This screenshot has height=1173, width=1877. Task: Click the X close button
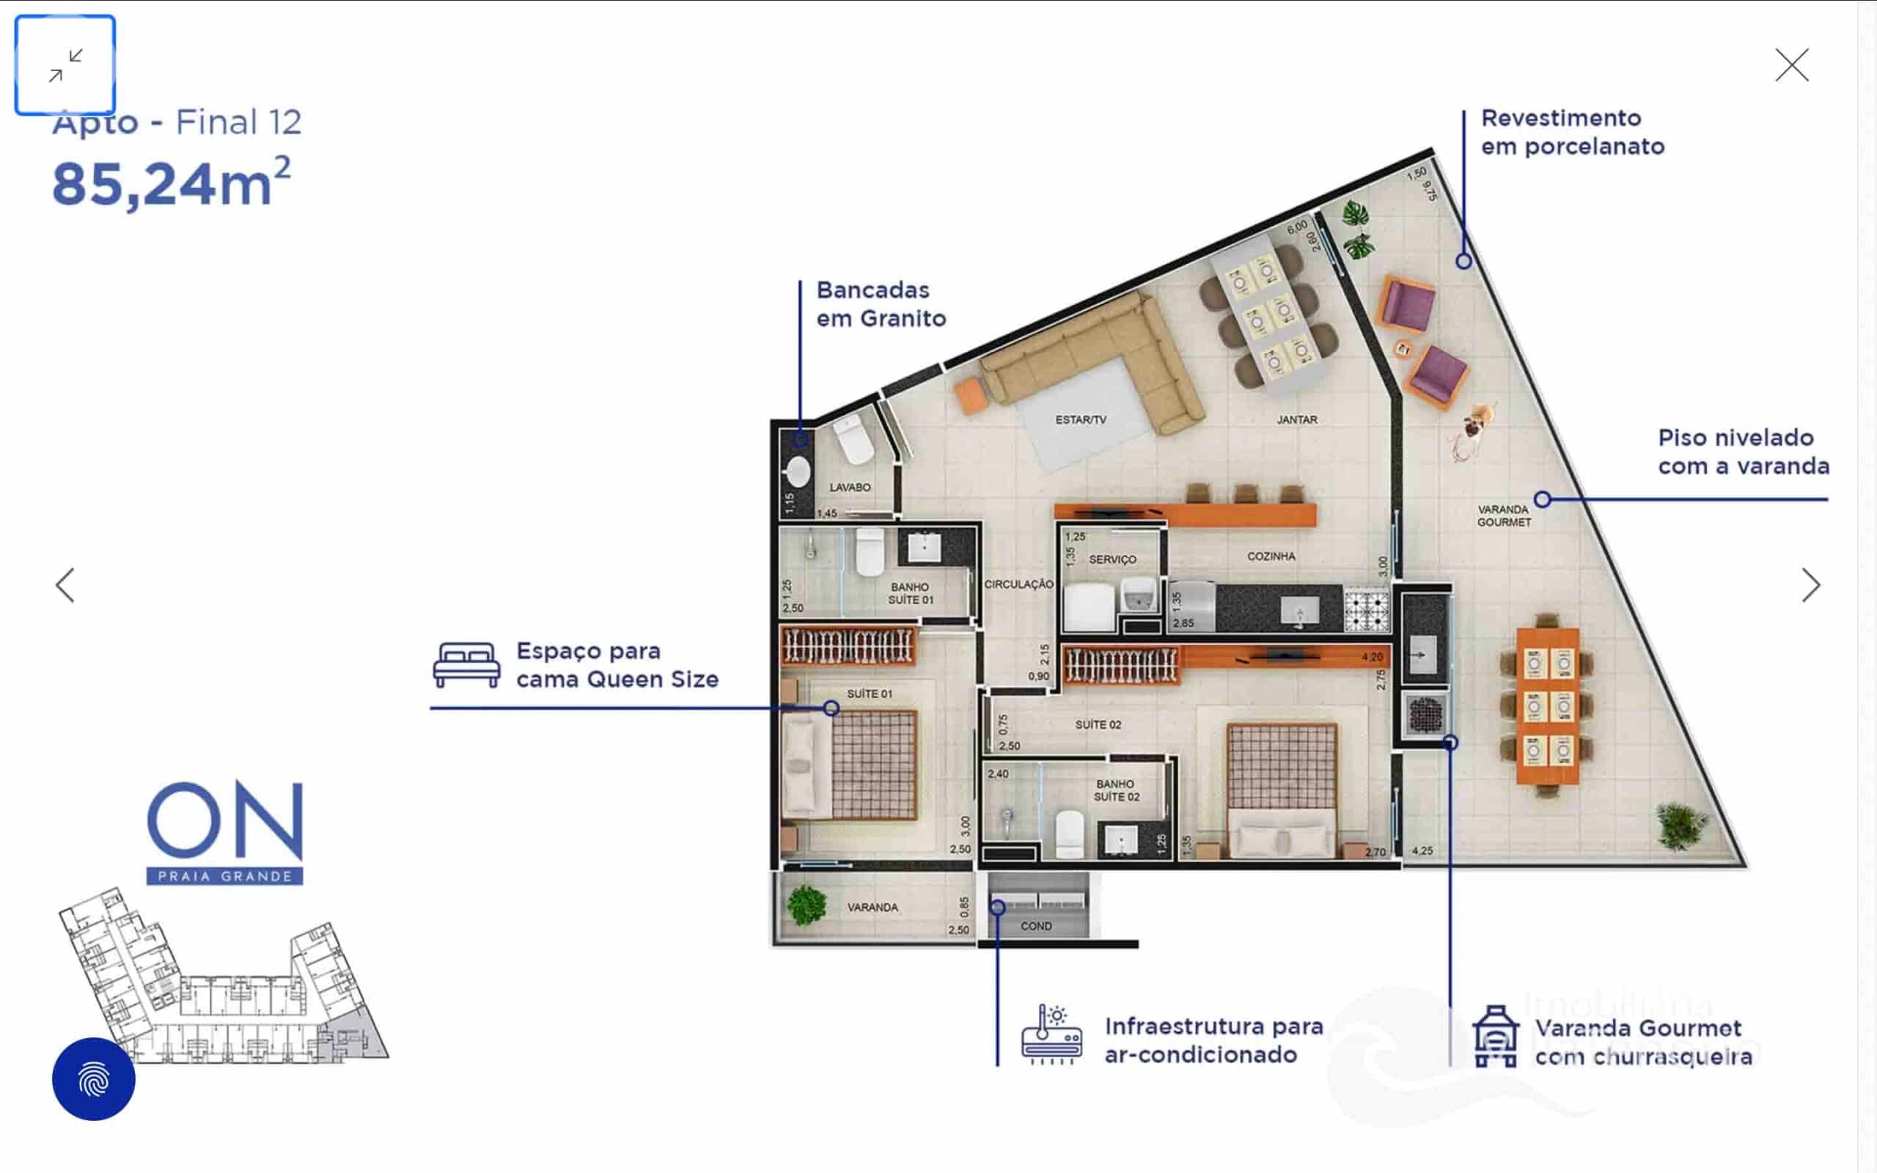click(1792, 65)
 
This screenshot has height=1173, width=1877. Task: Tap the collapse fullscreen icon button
click(65, 65)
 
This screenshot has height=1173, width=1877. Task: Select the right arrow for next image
click(1810, 585)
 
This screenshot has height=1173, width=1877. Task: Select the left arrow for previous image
click(65, 585)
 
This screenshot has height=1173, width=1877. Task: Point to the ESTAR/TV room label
click(1081, 419)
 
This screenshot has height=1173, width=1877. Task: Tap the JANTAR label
click(1297, 419)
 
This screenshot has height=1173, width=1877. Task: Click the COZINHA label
click(1271, 556)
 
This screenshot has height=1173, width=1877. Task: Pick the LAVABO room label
click(849, 488)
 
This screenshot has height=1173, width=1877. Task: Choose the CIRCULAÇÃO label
click(1018, 584)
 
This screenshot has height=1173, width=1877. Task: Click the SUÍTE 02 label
click(1098, 724)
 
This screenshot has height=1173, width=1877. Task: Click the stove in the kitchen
click(1367, 611)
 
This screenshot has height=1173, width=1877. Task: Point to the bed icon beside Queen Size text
click(466, 665)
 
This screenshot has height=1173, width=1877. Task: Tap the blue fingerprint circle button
click(94, 1078)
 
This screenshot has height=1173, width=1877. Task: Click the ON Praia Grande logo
click(224, 832)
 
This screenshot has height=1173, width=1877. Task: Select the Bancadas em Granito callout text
click(881, 304)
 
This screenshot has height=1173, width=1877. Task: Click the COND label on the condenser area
click(1035, 926)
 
